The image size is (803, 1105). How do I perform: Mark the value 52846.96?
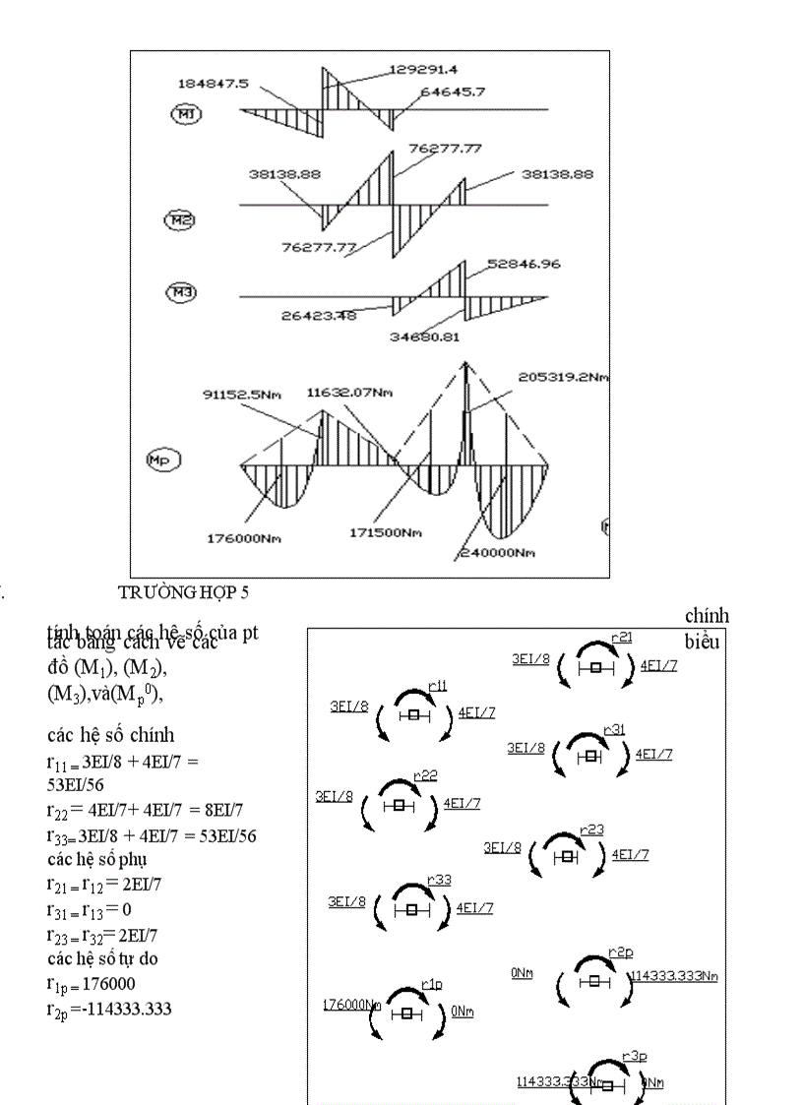point(527,266)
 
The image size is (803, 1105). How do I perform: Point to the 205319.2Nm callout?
point(558,376)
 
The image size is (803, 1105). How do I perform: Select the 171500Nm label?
point(387,532)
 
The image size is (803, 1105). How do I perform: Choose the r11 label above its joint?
point(437,685)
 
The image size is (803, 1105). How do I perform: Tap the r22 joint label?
point(425,775)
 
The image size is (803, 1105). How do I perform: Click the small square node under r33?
point(411,909)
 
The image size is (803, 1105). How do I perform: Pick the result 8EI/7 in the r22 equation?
point(222,808)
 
